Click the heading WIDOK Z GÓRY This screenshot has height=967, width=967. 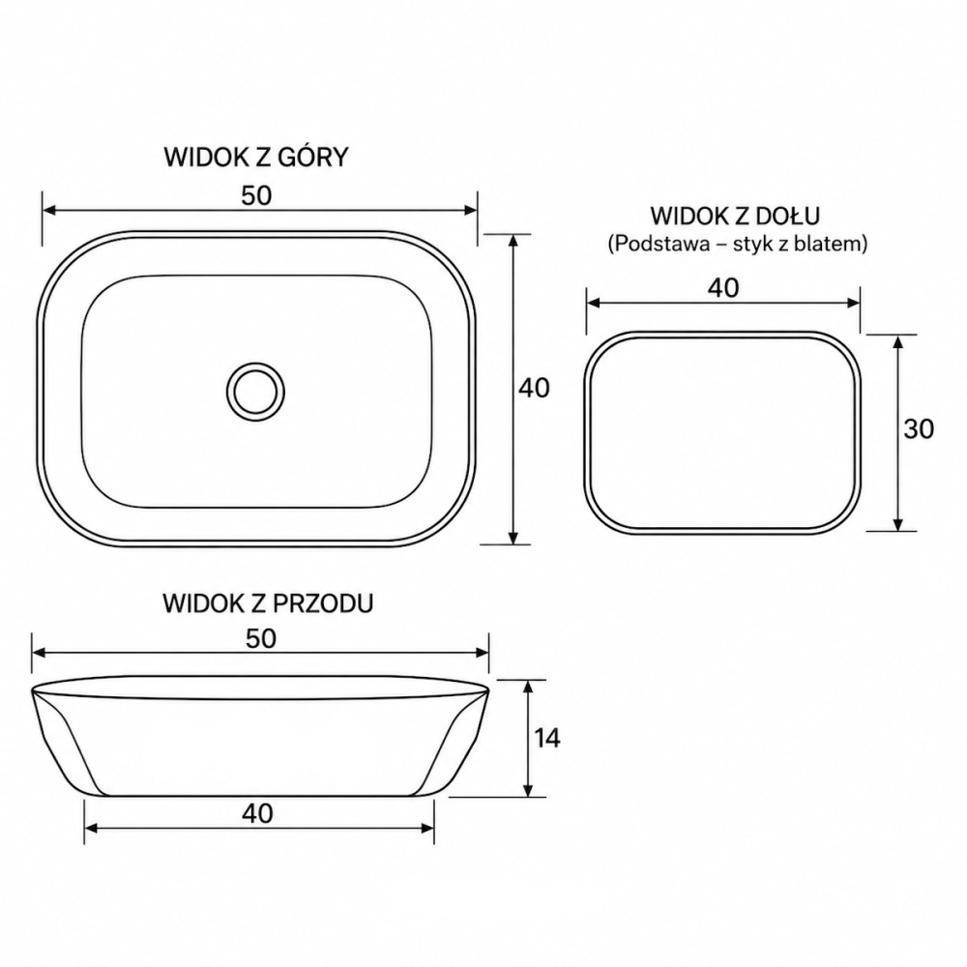click(256, 157)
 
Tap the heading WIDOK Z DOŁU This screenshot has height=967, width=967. click(735, 216)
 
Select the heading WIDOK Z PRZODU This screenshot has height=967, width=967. click(268, 603)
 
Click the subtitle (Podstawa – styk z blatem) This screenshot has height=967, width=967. click(738, 244)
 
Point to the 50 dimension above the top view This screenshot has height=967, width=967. click(256, 195)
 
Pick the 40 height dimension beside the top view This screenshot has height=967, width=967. click(534, 388)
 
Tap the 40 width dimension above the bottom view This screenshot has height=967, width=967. click(722, 287)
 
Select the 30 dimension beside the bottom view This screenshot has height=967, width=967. click(919, 428)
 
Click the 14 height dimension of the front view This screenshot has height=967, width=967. click(547, 738)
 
